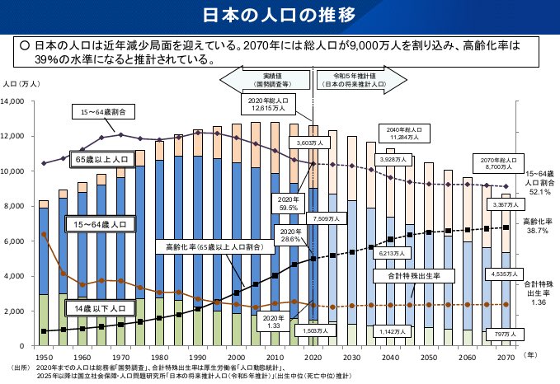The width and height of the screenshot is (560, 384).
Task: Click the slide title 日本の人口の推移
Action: [280, 15]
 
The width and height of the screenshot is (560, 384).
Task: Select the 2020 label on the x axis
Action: [313, 357]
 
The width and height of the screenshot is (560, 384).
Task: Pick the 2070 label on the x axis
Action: [506, 357]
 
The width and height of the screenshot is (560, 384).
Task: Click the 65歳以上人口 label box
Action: [101, 158]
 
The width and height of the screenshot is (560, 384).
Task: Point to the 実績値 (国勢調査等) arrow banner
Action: [266, 80]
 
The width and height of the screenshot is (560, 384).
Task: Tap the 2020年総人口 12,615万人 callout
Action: [266, 103]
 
